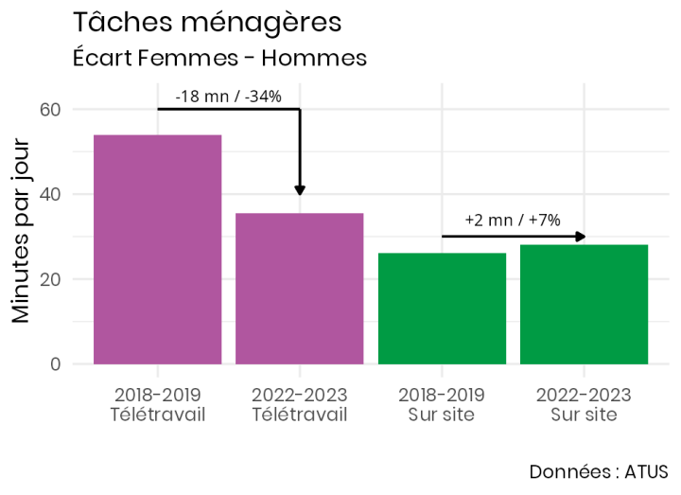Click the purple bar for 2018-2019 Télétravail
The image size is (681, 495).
(x=157, y=249)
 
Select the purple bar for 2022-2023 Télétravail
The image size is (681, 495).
(x=300, y=289)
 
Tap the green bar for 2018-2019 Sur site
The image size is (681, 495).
(x=442, y=309)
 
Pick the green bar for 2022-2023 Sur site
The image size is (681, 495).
(x=584, y=304)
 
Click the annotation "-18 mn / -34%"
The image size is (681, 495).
(x=228, y=96)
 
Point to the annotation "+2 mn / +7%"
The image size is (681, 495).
(x=513, y=220)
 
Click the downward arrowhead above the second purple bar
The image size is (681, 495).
(x=300, y=189)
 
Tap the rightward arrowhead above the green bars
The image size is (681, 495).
(x=580, y=237)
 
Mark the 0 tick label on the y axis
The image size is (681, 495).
(x=55, y=364)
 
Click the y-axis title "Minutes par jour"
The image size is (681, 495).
(x=21, y=232)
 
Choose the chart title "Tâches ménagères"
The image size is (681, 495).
(x=206, y=22)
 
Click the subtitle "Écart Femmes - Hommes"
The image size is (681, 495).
(x=219, y=58)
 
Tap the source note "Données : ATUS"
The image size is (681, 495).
(x=598, y=471)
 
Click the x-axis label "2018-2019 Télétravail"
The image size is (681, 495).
(x=157, y=404)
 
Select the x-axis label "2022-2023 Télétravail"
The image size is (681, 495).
(x=300, y=404)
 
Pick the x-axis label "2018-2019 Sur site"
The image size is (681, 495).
(x=442, y=404)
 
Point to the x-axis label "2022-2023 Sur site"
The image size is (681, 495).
(x=584, y=404)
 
